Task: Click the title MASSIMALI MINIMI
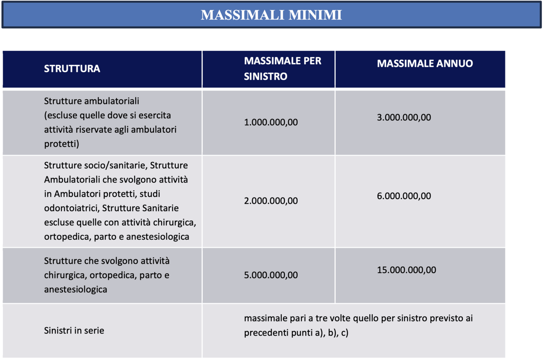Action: [x=271, y=15]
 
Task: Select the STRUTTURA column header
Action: [x=72, y=69]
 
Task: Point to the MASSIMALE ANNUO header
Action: [x=425, y=64]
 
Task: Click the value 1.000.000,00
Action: [x=271, y=122]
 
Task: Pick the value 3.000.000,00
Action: [x=404, y=117]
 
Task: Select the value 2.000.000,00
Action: [x=271, y=201]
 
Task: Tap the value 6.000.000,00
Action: [x=404, y=196]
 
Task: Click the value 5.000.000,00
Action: [x=271, y=275]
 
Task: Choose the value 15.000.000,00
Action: [x=406, y=270]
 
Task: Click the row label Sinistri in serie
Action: [x=74, y=331]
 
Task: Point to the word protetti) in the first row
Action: [x=62, y=144]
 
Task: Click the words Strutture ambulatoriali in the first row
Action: [x=91, y=101]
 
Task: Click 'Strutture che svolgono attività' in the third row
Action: [x=106, y=261]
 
